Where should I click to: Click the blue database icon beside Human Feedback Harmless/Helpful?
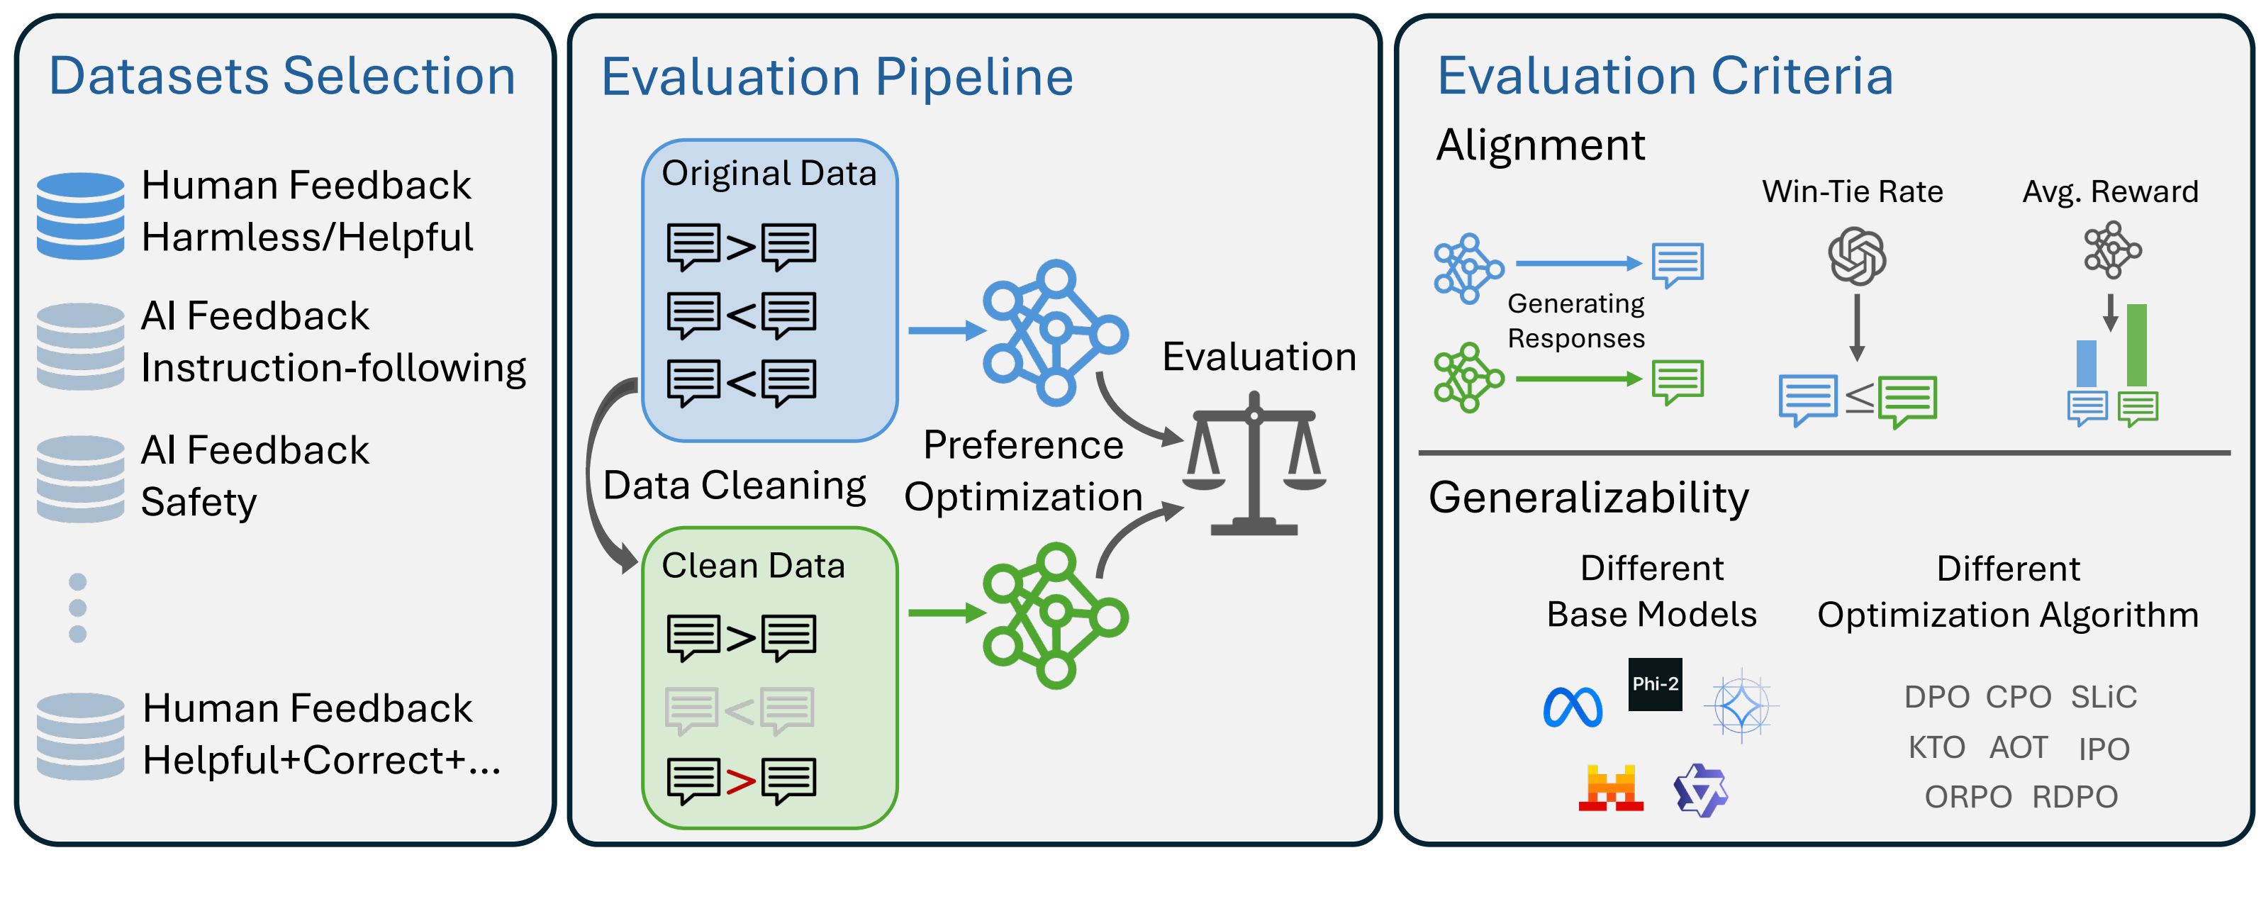pyautogui.click(x=80, y=216)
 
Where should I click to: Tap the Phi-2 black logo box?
pyautogui.click(x=1655, y=683)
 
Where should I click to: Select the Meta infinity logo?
pyautogui.click(x=1573, y=706)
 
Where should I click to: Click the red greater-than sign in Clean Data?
pyautogui.click(x=741, y=781)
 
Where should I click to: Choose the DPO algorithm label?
pyautogui.click(x=1936, y=697)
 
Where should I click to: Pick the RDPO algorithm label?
pyautogui.click(x=2075, y=797)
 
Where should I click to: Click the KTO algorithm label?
pyautogui.click(x=1936, y=748)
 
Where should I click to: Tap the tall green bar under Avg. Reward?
pyautogui.click(x=2136, y=345)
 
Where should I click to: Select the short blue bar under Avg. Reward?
pyautogui.click(x=2086, y=362)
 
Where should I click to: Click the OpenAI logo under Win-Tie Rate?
pyautogui.click(x=1857, y=256)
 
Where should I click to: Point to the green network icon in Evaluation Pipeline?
pyautogui.click(x=1055, y=615)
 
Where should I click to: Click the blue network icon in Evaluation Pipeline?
pyautogui.click(x=1055, y=332)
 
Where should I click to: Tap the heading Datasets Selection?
pyautogui.click(x=281, y=76)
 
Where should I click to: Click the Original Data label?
pyautogui.click(x=769, y=173)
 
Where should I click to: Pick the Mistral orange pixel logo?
pyautogui.click(x=1611, y=788)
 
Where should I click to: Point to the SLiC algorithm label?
pyautogui.click(x=2102, y=697)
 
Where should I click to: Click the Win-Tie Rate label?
pyautogui.click(x=1852, y=191)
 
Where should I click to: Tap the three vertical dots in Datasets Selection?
pyautogui.click(x=77, y=608)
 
